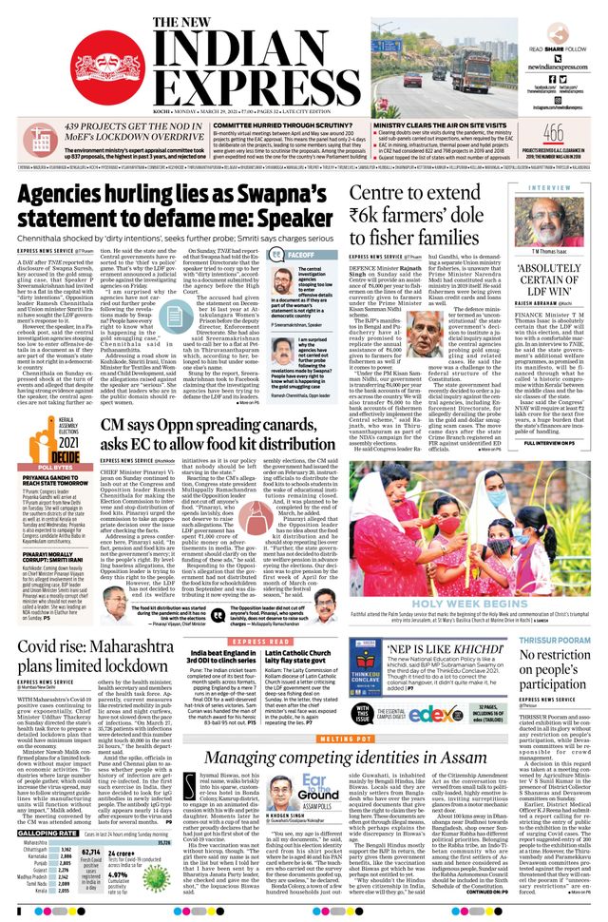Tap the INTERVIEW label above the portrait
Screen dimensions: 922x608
551,188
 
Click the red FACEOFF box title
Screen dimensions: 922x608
302,257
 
